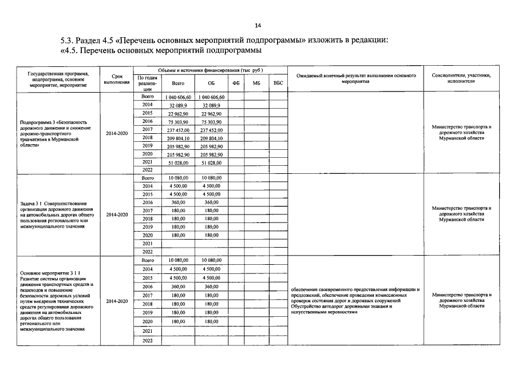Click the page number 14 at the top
click(258, 26)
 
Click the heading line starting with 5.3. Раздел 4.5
click(224, 41)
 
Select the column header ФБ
click(236, 83)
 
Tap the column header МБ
click(256, 83)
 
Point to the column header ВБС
click(278, 83)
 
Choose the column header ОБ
click(211, 83)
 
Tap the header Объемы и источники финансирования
click(210, 70)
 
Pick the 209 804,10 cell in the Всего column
click(179, 138)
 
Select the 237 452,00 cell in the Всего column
click(179, 130)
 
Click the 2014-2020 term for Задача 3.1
click(117, 214)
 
